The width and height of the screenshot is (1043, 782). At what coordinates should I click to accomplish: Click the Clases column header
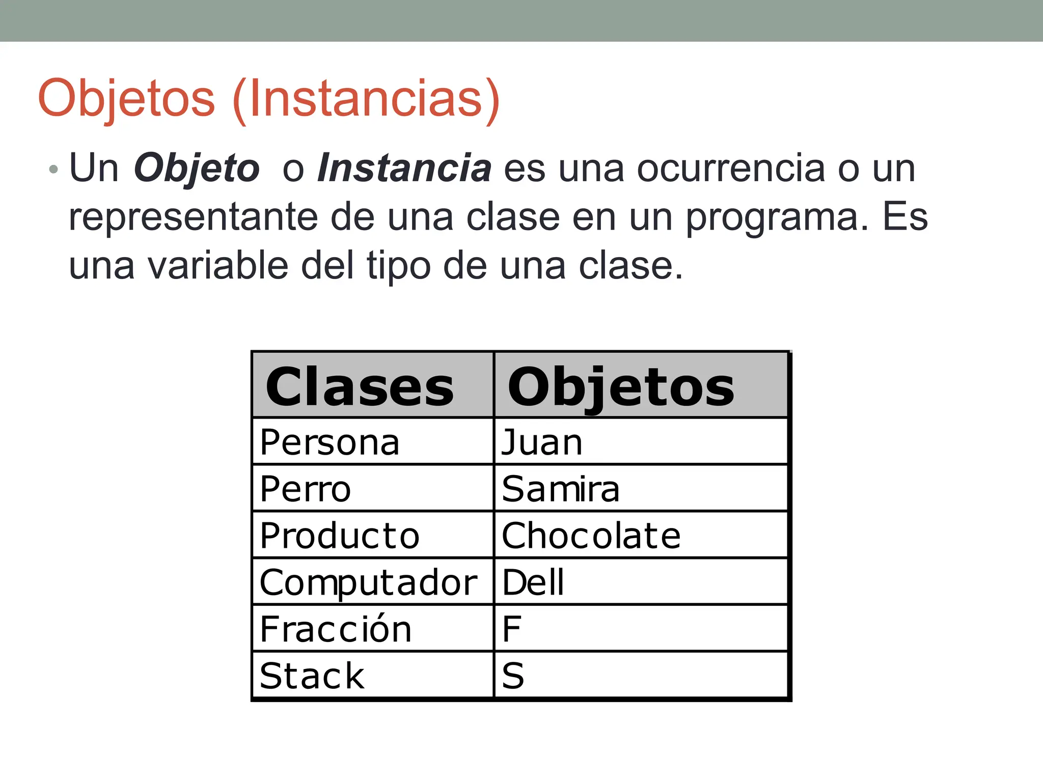point(360,387)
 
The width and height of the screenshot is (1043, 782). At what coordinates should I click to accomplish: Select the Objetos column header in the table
point(621,387)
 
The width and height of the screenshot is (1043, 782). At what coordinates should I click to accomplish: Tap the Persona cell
point(330,442)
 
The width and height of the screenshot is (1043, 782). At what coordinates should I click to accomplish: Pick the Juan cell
point(542,442)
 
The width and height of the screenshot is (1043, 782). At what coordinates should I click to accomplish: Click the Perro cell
point(306,489)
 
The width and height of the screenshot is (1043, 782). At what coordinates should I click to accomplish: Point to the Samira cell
point(561,489)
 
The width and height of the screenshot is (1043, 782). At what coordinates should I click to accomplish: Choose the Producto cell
point(340,536)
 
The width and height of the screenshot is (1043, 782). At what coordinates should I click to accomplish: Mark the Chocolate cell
point(591,536)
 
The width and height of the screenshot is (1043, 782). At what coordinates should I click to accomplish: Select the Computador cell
point(368,582)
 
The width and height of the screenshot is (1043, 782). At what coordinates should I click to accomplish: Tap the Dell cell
point(533,582)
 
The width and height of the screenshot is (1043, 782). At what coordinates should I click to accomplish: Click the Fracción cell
point(336,629)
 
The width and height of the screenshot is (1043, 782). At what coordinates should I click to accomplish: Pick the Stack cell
point(312,676)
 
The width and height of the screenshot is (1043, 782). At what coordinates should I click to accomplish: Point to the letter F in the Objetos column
point(512,629)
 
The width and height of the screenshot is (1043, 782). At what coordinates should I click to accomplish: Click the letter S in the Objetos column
point(513,676)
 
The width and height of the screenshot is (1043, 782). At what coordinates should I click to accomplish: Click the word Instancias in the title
point(366,98)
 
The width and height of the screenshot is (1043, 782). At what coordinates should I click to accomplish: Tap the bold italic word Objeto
point(197,168)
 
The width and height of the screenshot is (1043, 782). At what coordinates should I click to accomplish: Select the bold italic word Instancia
point(404,168)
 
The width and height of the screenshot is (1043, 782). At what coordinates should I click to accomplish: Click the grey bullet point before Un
point(53,170)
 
